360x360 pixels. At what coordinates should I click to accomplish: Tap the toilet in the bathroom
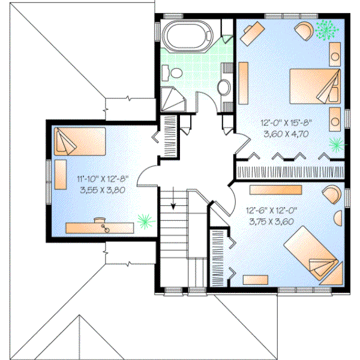pyautogui.click(x=175, y=73)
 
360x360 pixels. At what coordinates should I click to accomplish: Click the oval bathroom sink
pyautogui.click(x=223, y=88)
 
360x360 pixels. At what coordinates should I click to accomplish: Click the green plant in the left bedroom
pyautogui.click(x=144, y=220)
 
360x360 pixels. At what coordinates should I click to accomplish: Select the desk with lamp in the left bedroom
pyautogui.click(x=99, y=227)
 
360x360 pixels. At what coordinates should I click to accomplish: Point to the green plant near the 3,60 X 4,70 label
pyautogui.click(x=337, y=144)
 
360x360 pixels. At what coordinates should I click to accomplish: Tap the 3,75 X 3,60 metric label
pyautogui.click(x=271, y=221)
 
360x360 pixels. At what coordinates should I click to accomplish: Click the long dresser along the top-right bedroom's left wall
pyautogui.click(x=244, y=83)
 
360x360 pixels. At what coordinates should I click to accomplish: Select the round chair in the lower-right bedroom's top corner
pyautogui.click(x=331, y=193)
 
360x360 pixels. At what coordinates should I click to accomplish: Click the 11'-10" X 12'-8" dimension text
pyautogui.click(x=103, y=178)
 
